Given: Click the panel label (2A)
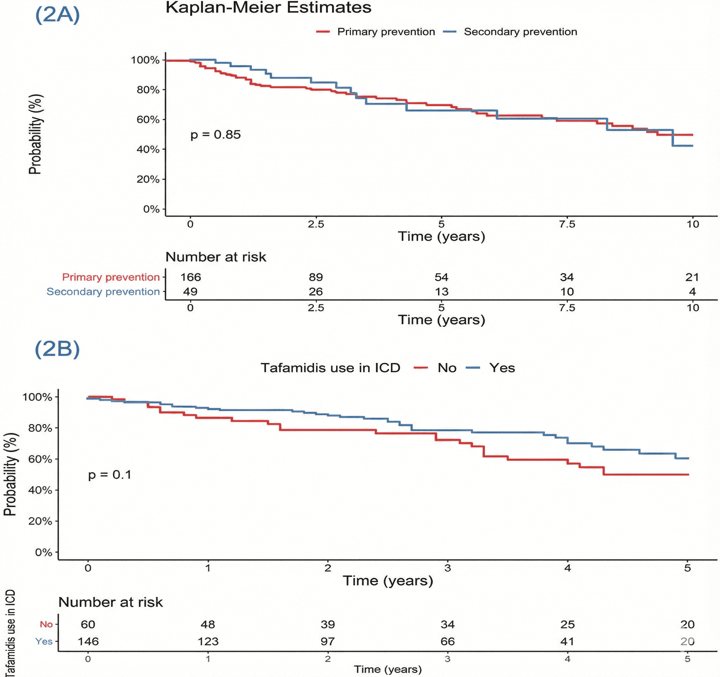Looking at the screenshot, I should (57, 15).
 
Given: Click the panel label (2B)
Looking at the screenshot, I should (57, 349).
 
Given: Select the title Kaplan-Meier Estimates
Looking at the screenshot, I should (268, 7).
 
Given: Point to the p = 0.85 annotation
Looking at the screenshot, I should (216, 135).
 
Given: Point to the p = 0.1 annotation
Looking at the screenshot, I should (110, 475).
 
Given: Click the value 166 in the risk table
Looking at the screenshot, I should (190, 277).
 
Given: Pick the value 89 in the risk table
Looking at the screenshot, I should (316, 277).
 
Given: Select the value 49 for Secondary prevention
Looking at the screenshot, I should (190, 291).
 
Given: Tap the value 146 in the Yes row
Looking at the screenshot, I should (88, 641).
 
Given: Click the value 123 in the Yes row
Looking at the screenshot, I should (208, 641).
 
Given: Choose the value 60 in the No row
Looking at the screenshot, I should (88, 625).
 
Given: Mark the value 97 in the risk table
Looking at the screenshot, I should (327, 641).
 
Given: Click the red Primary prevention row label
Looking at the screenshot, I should (111, 277).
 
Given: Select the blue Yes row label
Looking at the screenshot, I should (44, 641).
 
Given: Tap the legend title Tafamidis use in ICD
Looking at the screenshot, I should (330, 368).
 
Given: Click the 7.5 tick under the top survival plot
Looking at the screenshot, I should (567, 224).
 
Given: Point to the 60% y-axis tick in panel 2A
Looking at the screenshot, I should (148, 120).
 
